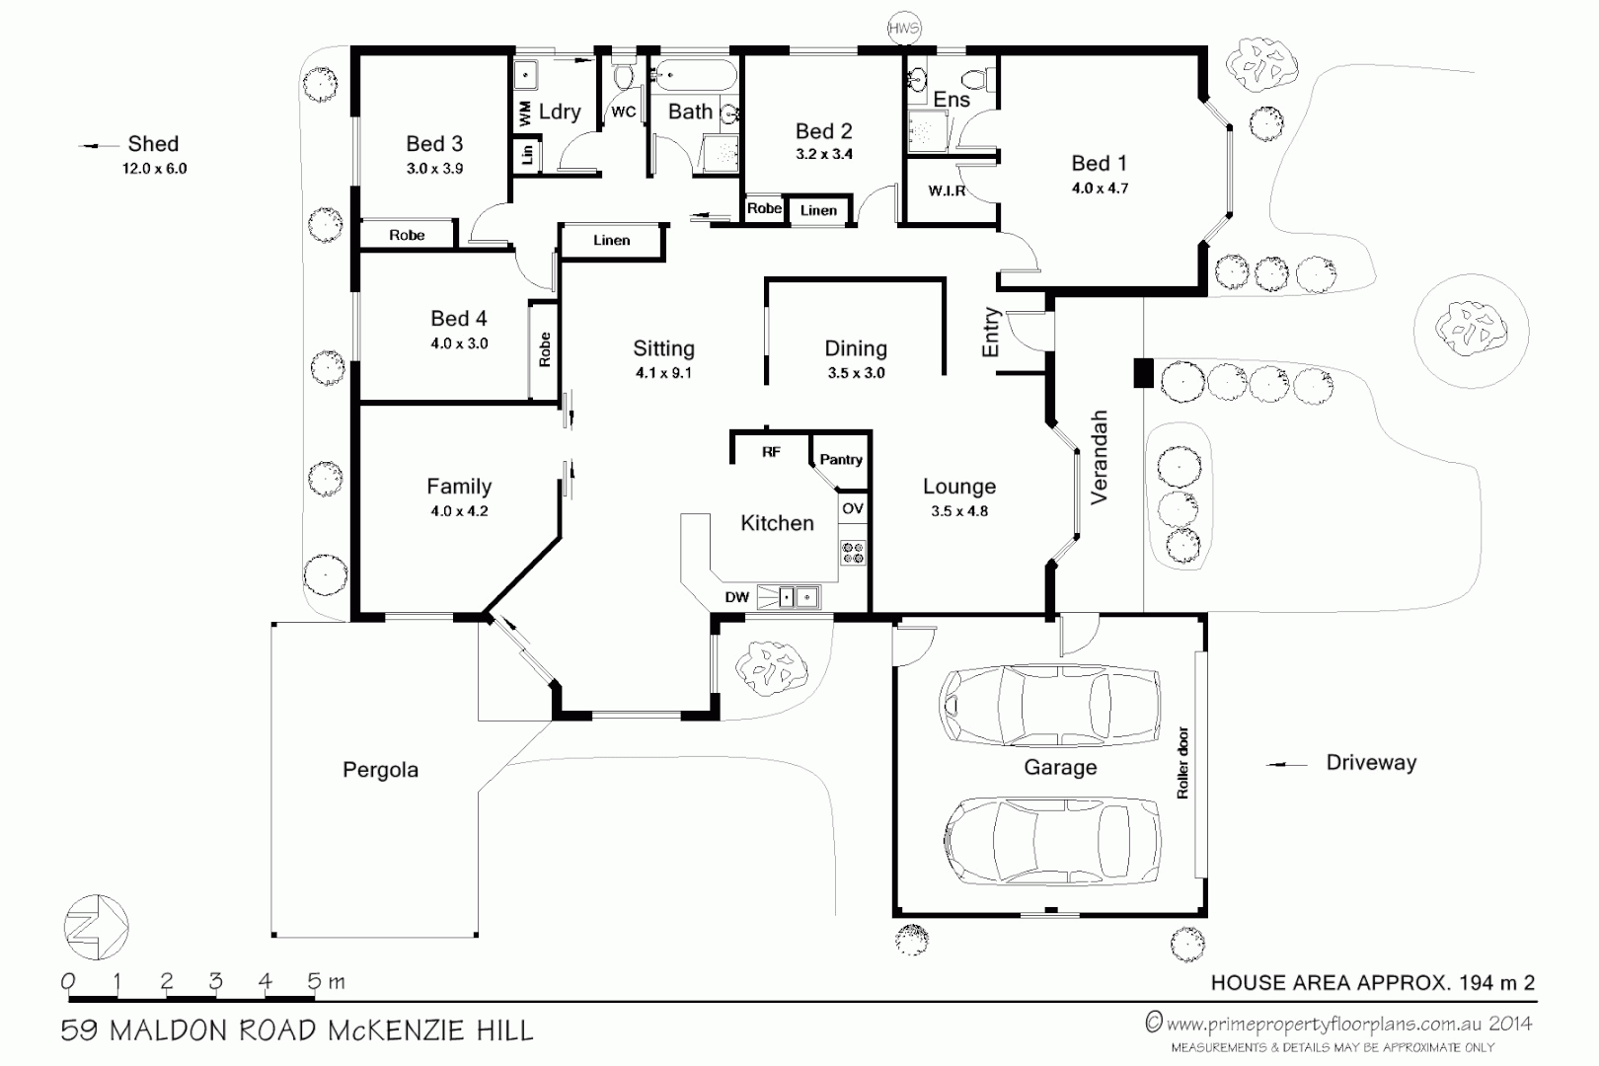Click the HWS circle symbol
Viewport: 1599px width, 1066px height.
tap(903, 29)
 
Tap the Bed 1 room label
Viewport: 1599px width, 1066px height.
tap(1099, 164)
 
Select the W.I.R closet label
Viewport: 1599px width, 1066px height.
tap(946, 190)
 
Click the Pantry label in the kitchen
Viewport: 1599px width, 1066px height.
tap(841, 459)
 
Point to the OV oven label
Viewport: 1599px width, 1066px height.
tap(853, 508)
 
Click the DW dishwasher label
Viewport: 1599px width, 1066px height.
tap(736, 597)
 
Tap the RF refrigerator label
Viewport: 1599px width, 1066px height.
tap(771, 452)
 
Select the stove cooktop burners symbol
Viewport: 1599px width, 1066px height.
tap(853, 553)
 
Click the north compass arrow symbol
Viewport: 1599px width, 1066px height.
tap(96, 927)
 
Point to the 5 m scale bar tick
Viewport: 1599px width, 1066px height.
tap(315, 981)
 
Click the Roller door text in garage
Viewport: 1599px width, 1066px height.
tap(1182, 763)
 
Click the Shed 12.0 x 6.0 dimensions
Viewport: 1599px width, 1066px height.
tap(154, 169)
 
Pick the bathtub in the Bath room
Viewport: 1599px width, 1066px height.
tap(695, 75)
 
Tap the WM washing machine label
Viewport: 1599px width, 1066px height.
tap(525, 114)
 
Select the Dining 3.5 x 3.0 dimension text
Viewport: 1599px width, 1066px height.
tap(856, 373)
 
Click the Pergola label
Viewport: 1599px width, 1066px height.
tap(380, 770)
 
